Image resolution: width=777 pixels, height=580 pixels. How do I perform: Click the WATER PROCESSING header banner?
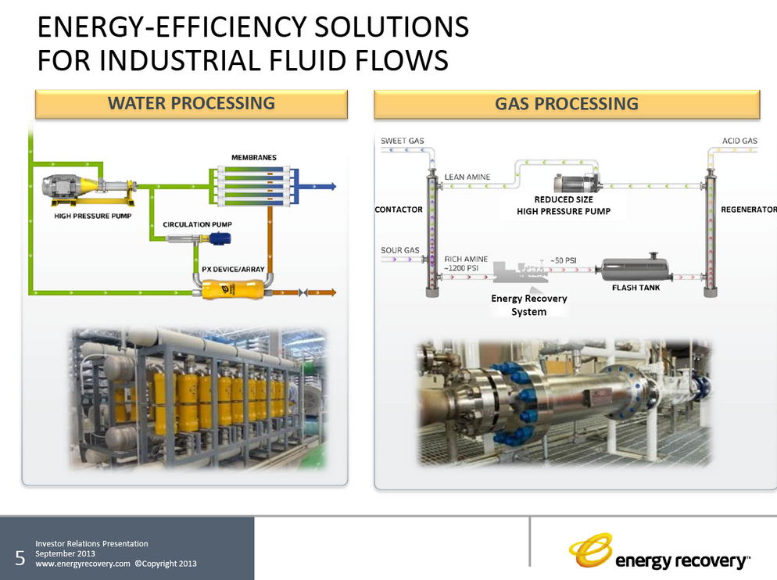[x=191, y=103]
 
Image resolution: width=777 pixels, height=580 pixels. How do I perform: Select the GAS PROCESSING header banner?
[x=567, y=103]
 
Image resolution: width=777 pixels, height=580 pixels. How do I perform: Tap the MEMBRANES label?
[x=254, y=158]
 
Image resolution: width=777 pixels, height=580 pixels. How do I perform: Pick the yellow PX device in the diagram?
[x=228, y=292]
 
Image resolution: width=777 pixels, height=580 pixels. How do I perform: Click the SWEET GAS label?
[x=403, y=141]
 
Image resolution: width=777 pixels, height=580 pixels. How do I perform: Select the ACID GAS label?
[x=739, y=141]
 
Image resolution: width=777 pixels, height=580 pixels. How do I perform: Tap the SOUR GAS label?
[x=400, y=251]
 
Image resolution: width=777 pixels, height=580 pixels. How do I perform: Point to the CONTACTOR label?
[x=399, y=209]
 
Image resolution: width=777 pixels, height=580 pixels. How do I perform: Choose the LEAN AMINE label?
[x=467, y=177]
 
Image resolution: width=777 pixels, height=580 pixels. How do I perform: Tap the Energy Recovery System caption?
[x=529, y=305]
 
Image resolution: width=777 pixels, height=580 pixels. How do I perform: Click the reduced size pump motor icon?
[x=576, y=184]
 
